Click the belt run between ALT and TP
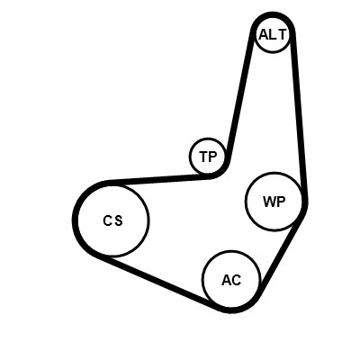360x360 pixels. tap(239, 93)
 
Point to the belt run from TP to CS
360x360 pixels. tap(159, 179)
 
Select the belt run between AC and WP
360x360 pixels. tap(282, 254)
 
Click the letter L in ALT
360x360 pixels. tap(273, 35)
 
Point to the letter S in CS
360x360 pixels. tap(119, 221)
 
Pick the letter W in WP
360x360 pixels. tap(269, 202)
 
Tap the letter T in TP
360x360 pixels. tap(203, 157)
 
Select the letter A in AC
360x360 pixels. tap(226, 280)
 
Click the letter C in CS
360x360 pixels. tap(107, 221)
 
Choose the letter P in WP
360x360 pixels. tap(281, 202)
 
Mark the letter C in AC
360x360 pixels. tap(236, 280)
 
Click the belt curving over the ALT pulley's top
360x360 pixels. tap(273, 15)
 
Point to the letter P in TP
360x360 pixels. tap(212, 157)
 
